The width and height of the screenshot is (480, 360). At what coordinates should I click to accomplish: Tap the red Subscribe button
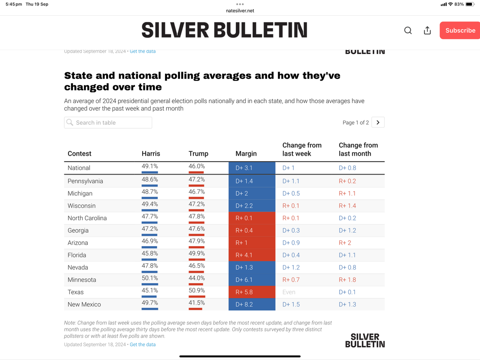tap(460, 30)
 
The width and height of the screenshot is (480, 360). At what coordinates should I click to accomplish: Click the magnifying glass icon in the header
tap(408, 30)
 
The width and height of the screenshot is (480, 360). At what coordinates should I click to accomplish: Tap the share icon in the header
tap(427, 30)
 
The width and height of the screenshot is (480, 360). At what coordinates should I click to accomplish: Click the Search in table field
tap(108, 122)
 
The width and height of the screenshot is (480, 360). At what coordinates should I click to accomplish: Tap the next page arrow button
tap(378, 122)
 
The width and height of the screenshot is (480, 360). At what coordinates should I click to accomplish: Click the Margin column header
tap(246, 153)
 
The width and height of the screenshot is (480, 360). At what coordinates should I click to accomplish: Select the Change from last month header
tap(358, 149)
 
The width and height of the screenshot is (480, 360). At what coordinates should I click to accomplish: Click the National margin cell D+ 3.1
tap(252, 168)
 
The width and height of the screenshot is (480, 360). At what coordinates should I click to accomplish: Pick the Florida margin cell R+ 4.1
tap(252, 255)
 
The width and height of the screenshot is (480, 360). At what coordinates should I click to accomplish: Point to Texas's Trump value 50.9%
tap(197, 290)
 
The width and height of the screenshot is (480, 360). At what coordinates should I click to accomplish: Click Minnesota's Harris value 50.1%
tap(150, 278)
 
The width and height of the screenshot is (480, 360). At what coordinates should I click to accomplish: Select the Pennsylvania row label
tap(85, 181)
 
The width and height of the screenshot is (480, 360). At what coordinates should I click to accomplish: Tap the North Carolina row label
tap(87, 218)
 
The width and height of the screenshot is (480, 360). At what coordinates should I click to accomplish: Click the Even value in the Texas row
tap(289, 292)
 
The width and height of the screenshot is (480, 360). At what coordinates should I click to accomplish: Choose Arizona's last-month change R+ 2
tap(345, 243)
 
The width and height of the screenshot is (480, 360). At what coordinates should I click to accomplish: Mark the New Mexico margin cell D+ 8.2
tap(252, 304)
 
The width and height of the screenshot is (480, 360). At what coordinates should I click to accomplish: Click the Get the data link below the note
tap(143, 344)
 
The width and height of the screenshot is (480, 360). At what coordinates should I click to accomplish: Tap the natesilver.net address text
tap(240, 11)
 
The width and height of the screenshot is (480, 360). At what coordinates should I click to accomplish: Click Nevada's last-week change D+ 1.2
tap(291, 267)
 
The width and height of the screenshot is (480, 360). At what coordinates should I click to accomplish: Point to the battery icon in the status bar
tap(470, 4)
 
